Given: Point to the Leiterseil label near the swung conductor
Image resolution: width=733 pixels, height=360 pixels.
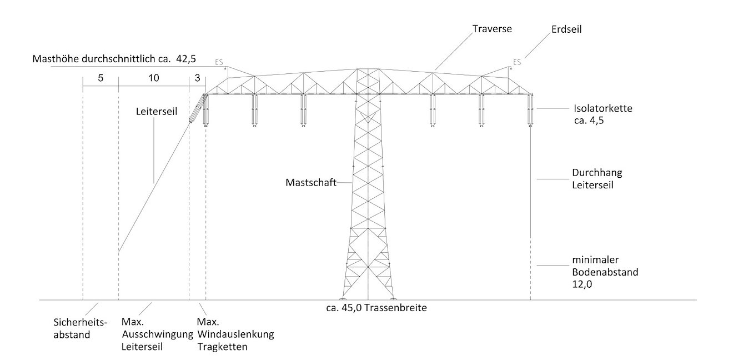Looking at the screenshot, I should pyautogui.click(x=156, y=111).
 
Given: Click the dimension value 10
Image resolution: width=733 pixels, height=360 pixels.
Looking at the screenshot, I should pyautogui.click(x=154, y=78).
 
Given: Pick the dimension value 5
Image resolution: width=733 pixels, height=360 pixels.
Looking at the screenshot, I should pyautogui.click(x=101, y=78).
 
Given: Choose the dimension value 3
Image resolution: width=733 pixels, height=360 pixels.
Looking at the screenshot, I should pyautogui.click(x=198, y=78).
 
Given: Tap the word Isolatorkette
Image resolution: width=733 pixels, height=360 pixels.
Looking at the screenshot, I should pyautogui.click(x=603, y=109).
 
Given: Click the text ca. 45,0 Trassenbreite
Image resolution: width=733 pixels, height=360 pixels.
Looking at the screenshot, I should pyautogui.click(x=376, y=307).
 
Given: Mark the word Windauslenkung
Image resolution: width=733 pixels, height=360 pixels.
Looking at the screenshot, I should pyautogui.click(x=236, y=334).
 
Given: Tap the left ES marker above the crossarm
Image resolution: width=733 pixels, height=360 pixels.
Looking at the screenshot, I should pyautogui.click(x=219, y=63).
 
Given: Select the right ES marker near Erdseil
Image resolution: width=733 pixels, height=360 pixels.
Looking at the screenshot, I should pyautogui.click(x=517, y=62).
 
